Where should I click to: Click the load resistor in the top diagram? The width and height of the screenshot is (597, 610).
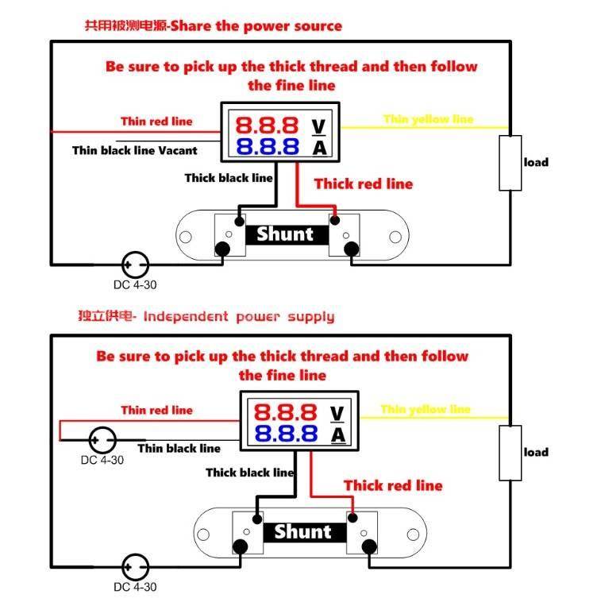coord(510,163)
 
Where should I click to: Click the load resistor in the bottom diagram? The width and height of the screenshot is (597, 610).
coord(510,453)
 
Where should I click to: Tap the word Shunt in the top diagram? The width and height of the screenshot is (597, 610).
coord(285,234)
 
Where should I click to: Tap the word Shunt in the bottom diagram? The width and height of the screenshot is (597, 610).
coord(302,531)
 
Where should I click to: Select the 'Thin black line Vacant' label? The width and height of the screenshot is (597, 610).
coord(134,150)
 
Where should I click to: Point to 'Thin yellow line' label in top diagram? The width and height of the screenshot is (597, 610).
coord(428,119)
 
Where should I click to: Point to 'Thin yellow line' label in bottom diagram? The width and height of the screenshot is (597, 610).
coord(426,409)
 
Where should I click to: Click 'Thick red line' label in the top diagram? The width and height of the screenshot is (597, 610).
coord(364,183)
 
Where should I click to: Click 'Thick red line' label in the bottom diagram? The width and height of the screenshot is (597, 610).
coord(393,485)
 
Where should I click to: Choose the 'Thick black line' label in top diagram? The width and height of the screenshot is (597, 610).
coord(229,177)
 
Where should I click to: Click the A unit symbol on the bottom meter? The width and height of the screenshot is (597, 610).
coord(337,434)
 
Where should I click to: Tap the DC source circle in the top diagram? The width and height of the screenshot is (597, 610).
coord(136,264)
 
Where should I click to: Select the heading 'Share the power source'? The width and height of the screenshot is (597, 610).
coord(256,25)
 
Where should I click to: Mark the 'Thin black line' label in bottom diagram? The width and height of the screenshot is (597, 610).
coord(179,448)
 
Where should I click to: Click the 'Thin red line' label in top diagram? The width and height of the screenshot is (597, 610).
coord(156,122)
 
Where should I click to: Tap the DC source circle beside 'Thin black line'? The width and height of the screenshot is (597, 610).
coord(102,439)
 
